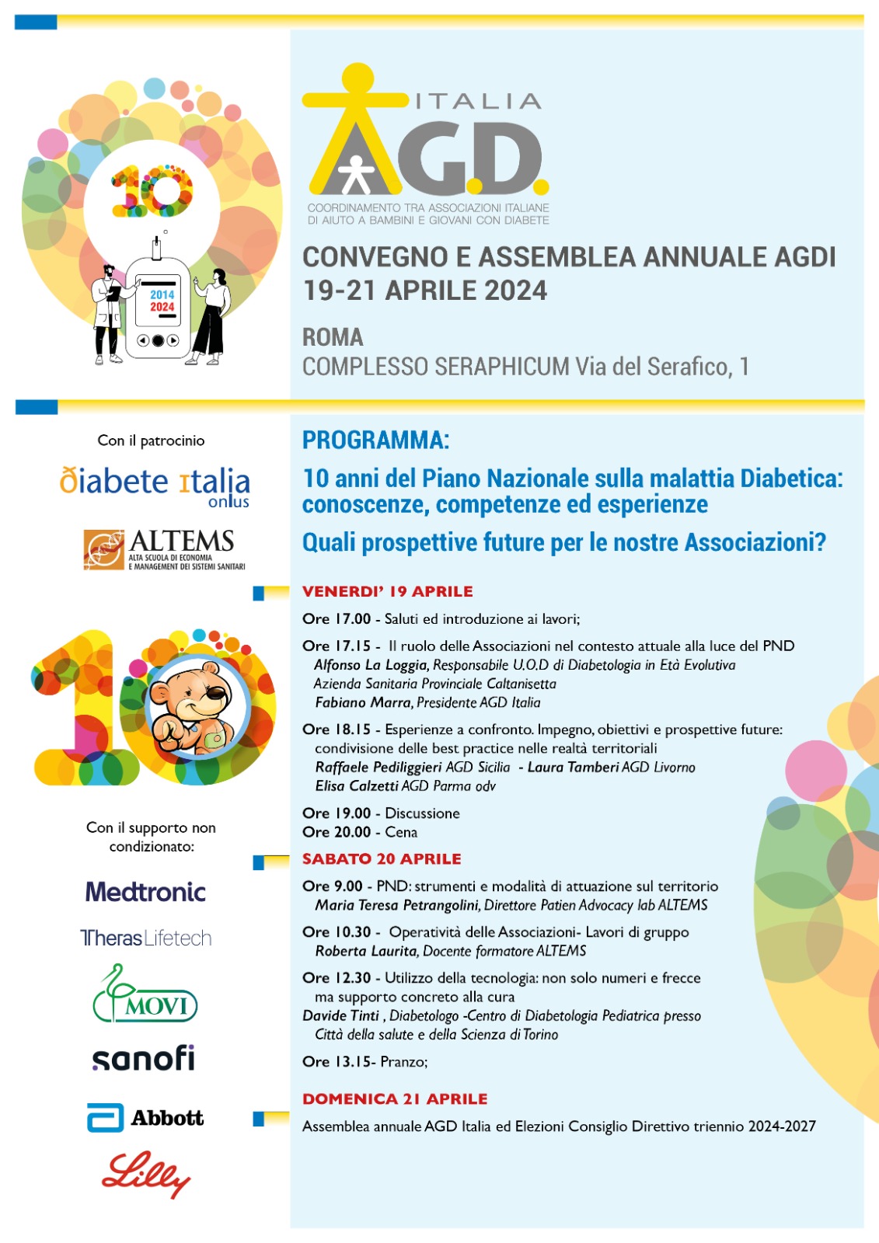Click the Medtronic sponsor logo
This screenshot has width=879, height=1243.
click(x=145, y=892)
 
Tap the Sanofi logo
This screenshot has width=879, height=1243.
click(x=144, y=1058)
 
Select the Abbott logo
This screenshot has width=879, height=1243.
click(x=145, y=1118)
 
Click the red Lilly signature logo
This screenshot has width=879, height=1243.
click(x=146, y=1174)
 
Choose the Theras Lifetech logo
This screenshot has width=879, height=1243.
click(x=146, y=938)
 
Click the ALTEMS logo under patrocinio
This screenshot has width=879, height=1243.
click(x=164, y=550)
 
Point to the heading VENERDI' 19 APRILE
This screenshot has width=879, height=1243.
click(x=387, y=591)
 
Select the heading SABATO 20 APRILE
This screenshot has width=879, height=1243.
click(x=382, y=858)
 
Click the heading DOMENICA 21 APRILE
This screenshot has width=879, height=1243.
click(x=395, y=1099)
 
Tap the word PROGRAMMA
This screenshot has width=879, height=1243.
click(x=375, y=440)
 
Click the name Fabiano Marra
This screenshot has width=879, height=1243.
click(x=363, y=702)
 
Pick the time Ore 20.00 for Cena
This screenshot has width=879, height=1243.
click(x=337, y=832)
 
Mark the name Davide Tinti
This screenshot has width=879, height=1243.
click(x=340, y=1015)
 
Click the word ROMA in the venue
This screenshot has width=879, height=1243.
click(x=333, y=337)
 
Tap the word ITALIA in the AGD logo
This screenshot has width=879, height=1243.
click(x=478, y=101)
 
